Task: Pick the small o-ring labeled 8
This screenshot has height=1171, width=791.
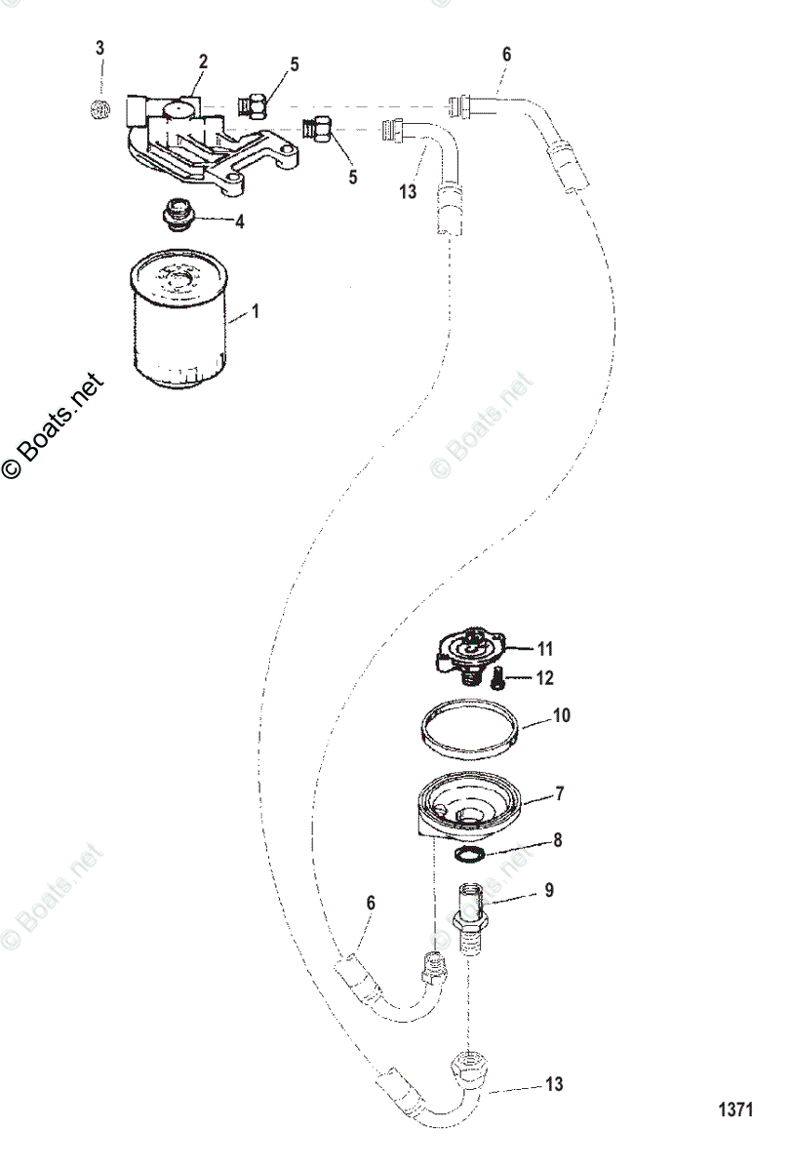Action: pos(468,854)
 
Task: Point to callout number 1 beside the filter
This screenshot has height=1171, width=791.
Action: pos(256,312)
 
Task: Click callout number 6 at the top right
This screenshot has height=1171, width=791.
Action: pos(506,56)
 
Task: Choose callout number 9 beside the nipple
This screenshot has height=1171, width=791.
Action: pos(549,890)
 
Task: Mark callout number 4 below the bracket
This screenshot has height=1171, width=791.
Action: pos(239,221)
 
